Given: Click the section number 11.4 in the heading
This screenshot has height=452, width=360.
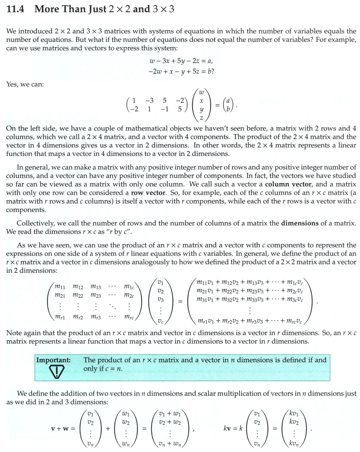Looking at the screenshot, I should [x=15, y=9].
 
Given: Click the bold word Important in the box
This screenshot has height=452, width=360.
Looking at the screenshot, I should [x=53, y=360].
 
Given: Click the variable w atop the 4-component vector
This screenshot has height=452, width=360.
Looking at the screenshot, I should [x=201, y=92].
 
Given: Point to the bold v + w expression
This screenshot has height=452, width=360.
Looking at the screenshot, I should [x=63, y=428].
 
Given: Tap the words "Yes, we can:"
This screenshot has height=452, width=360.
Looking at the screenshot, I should [x=25, y=84].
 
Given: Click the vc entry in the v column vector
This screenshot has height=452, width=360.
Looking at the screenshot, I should [x=160, y=321].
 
